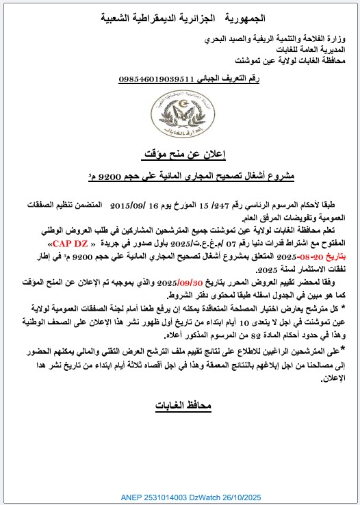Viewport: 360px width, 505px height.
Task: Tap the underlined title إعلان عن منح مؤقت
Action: (180, 153)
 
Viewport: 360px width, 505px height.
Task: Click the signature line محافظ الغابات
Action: (179, 406)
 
